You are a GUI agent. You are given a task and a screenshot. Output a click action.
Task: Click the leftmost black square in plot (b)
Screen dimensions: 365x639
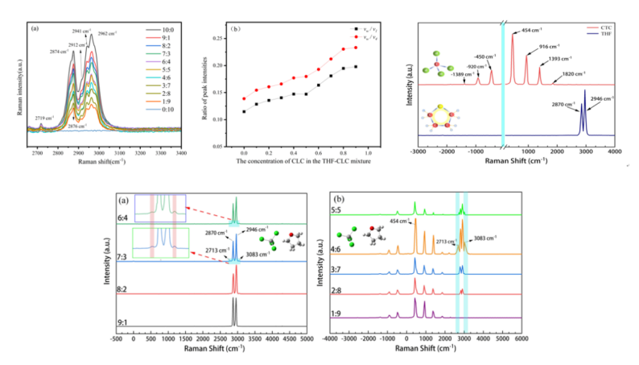pos(244,112)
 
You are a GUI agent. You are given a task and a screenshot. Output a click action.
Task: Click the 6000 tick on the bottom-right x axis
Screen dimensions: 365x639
pos(521,339)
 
